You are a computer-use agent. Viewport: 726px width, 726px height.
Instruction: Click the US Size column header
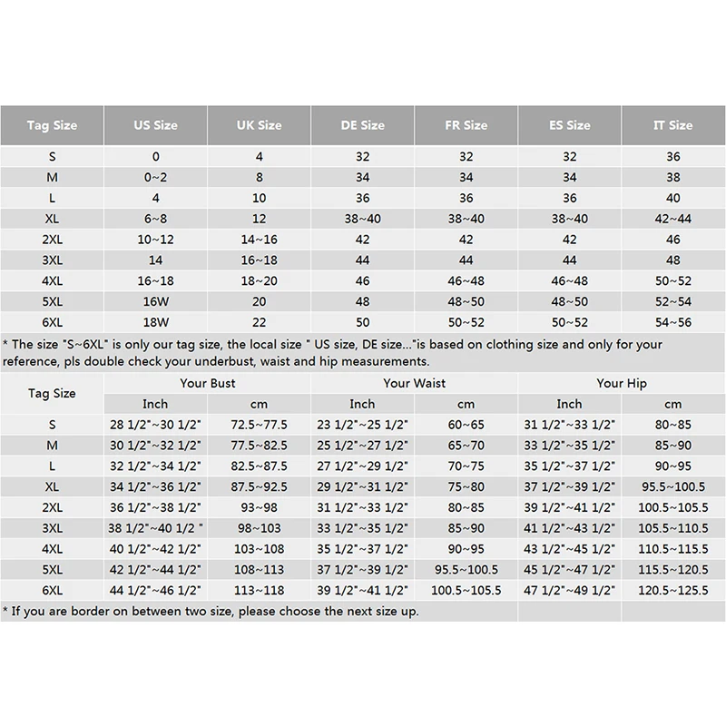click(155, 125)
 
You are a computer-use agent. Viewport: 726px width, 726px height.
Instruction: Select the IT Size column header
click(672, 125)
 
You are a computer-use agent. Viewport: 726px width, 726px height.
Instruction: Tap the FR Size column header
click(466, 125)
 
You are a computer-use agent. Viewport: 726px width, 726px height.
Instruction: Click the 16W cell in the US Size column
click(155, 301)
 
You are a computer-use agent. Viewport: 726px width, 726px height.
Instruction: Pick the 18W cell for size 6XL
click(155, 322)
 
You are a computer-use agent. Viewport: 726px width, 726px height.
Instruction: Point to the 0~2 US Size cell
click(155, 178)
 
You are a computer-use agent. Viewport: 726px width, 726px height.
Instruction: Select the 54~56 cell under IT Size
click(672, 322)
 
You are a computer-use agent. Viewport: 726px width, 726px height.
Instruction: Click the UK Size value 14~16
click(259, 240)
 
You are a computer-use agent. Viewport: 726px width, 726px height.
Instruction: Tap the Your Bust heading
click(208, 384)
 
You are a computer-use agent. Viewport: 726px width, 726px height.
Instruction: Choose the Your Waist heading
click(414, 384)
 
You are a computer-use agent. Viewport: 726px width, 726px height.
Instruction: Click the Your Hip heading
click(622, 384)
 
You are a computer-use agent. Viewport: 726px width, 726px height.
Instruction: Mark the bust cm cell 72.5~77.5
click(259, 424)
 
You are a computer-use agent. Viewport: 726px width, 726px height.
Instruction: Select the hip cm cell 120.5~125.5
click(672, 590)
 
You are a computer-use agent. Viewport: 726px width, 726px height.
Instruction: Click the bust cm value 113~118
click(259, 590)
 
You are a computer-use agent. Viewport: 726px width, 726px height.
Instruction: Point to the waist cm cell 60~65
click(466, 424)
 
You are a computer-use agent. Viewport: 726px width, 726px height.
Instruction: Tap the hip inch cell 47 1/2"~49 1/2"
click(569, 590)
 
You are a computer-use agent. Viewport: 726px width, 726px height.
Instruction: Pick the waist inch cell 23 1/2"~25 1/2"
click(362, 424)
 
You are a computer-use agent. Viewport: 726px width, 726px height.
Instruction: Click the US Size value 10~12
click(155, 240)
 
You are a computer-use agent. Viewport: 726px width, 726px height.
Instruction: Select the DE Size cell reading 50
click(362, 322)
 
